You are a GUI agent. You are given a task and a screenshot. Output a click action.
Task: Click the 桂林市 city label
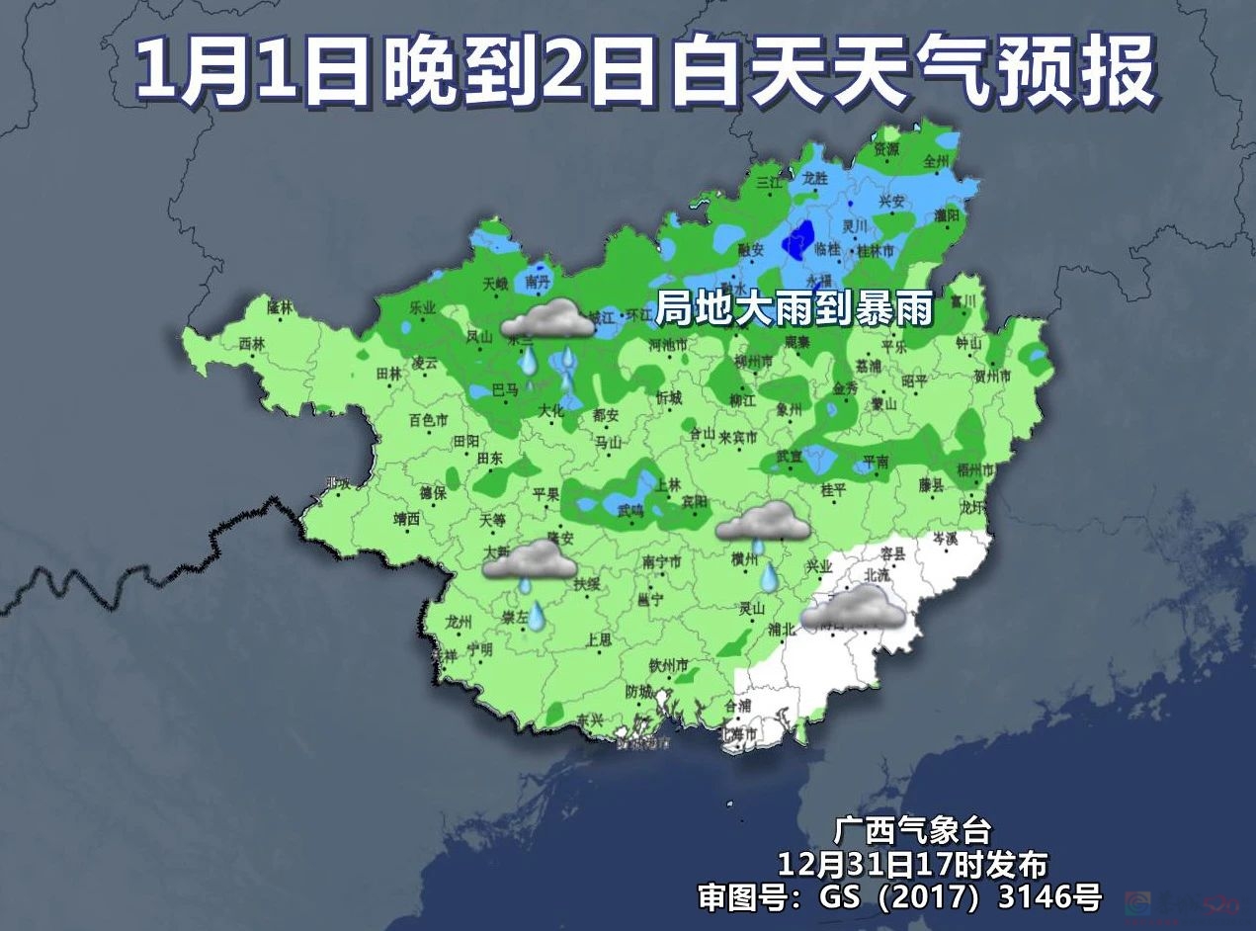click(x=875, y=251)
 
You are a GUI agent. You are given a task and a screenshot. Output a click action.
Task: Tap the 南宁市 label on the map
click(x=662, y=562)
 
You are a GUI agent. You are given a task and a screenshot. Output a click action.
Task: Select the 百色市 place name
click(x=428, y=421)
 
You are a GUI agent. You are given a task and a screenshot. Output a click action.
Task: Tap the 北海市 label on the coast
click(x=738, y=734)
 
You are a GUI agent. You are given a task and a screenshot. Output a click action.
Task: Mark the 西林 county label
click(x=252, y=344)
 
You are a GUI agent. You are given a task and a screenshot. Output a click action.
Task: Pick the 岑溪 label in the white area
click(x=945, y=540)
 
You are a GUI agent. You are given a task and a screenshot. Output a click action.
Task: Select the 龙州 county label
click(x=460, y=622)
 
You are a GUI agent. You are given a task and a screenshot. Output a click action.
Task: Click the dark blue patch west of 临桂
click(x=797, y=241)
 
